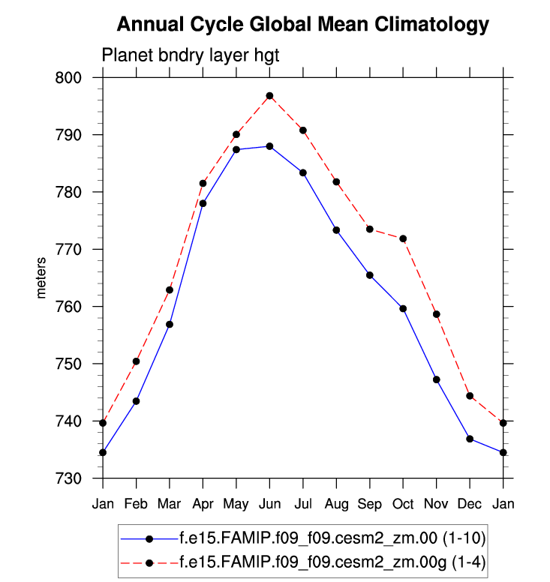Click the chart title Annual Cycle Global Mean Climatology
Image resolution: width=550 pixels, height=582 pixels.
pyautogui.click(x=303, y=25)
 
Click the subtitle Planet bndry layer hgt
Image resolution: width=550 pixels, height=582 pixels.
pyautogui.click(x=191, y=55)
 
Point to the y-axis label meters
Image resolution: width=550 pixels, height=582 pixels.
pyautogui.click(x=42, y=278)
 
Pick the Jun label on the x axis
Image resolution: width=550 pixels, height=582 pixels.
pyautogui.click(x=269, y=503)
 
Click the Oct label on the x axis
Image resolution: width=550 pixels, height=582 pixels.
pyautogui.click(x=403, y=503)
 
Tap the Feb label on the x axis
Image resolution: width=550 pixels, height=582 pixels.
pyautogui.click(x=136, y=503)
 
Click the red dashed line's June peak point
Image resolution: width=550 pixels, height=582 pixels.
pyautogui.click(x=269, y=96)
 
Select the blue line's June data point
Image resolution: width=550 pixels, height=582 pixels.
pyautogui.click(x=269, y=146)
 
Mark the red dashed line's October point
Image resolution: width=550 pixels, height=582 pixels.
pyautogui.click(x=403, y=238)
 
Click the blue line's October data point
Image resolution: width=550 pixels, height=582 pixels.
pyautogui.click(x=403, y=308)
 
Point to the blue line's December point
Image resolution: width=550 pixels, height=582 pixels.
pyautogui.click(x=470, y=439)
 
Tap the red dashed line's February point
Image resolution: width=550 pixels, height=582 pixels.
pyautogui.click(x=136, y=361)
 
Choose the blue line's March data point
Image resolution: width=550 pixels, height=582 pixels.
pyautogui.click(x=170, y=324)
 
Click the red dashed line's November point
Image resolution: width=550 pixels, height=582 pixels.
pyautogui.click(x=437, y=314)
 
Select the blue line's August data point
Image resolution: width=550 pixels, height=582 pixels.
pyautogui.click(x=336, y=230)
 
